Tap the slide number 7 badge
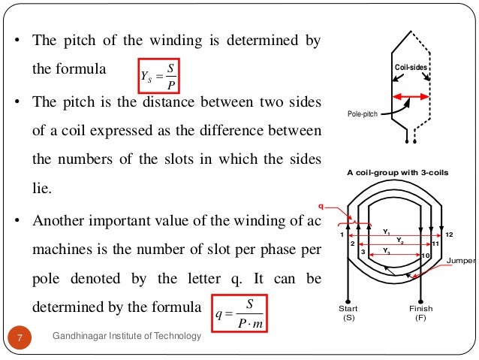[21, 336]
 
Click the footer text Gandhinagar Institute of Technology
[127, 336]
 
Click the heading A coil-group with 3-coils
[396, 172]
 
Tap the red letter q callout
[322, 203]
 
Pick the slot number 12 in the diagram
[449, 234]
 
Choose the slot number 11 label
[435, 244]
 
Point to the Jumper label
[461, 262]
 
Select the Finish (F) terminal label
[421, 313]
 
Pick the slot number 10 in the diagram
[424, 256]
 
